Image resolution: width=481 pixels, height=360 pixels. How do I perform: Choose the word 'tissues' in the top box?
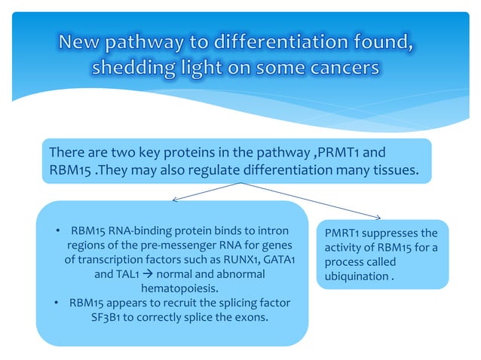point(386,170)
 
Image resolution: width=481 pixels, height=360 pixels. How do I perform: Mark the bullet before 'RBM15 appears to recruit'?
point(57,303)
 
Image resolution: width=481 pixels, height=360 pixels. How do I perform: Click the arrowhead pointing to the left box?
point(176,200)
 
